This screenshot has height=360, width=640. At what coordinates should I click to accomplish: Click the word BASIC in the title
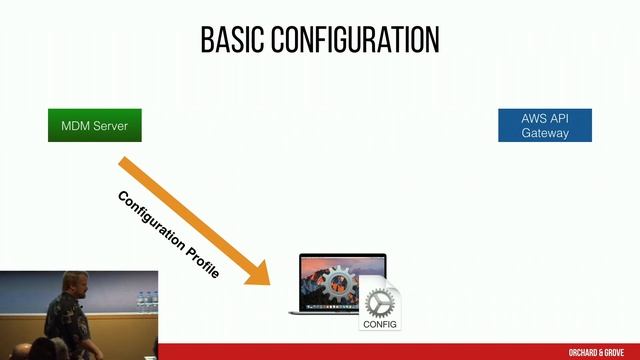pyautogui.click(x=232, y=40)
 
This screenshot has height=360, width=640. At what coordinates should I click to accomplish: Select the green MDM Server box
pyautogui.click(x=94, y=126)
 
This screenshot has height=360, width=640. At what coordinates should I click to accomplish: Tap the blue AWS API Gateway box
pyautogui.click(x=545, y=126)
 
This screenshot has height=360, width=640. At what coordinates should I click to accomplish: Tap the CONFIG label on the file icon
pyautogui.click(x=380, y=324)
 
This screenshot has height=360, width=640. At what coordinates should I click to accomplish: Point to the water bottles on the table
pyautogui.click(x=145, y=302)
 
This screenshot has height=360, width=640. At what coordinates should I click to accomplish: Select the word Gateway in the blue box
pyautogui.click(x=545, y=133)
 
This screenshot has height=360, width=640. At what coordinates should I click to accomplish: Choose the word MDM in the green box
pyautogui.click(x=75, y=126)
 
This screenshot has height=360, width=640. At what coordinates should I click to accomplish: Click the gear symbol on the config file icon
pyautogui.click(x=380, y=302)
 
